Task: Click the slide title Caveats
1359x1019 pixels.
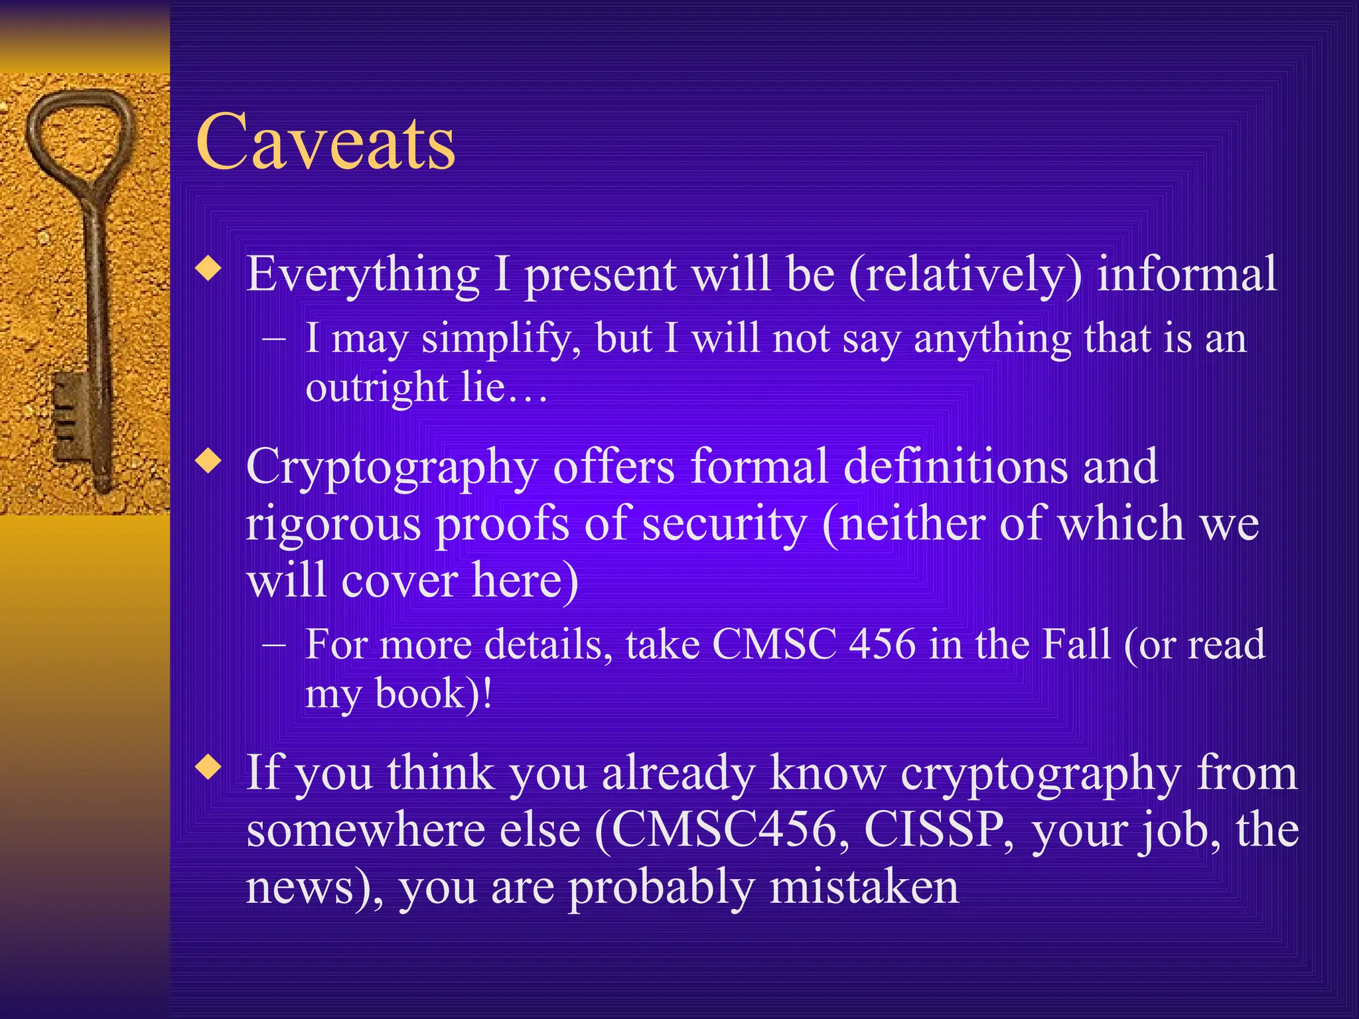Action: point(325,142)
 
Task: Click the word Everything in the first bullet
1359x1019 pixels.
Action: point(362,274)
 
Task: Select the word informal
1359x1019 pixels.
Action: point(1186,274)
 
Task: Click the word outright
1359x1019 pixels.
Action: point(376,387)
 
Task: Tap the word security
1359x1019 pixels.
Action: point(723,524)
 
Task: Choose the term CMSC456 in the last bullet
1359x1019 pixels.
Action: point(723,830)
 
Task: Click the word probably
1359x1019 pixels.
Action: point(661,887)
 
